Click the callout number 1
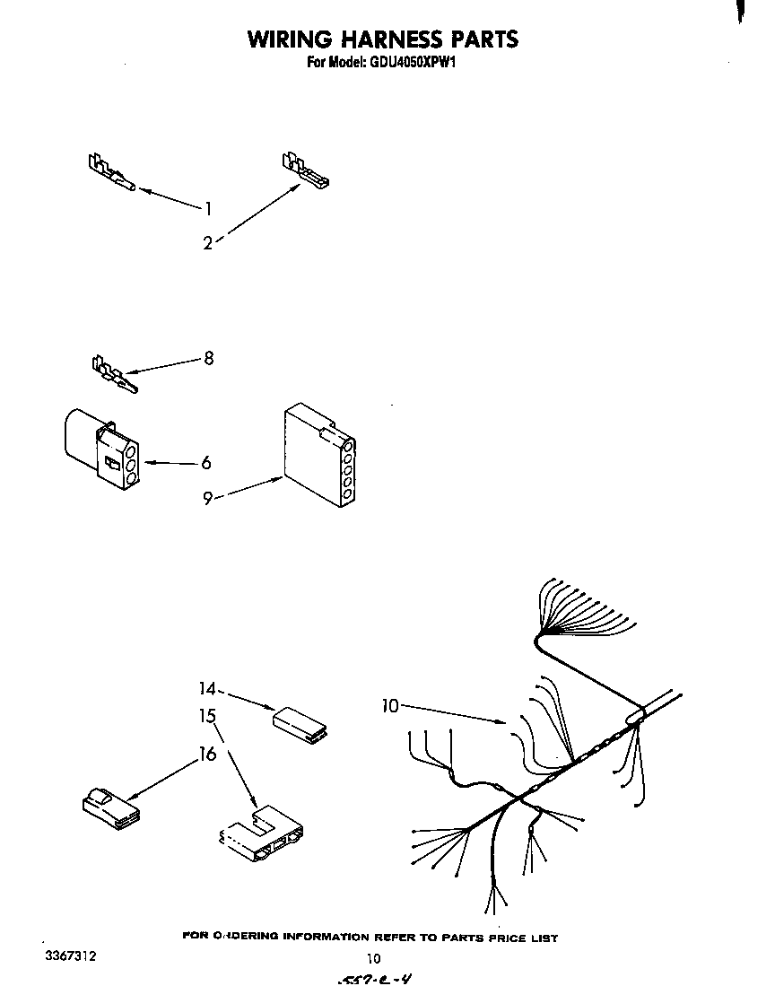coord(208,209)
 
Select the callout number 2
coord(207,242)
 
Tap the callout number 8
coord(209,358)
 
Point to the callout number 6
coord(206,463)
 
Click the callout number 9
coord(207,498)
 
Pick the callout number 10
coord(389,706)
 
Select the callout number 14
coord(208,689)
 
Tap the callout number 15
coord(208,716)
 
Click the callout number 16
coord(208,754)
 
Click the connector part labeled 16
coord(109,807)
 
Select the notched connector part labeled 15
coord(263,836)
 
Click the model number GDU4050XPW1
coord(407,64)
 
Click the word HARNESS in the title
coord(381,39)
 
